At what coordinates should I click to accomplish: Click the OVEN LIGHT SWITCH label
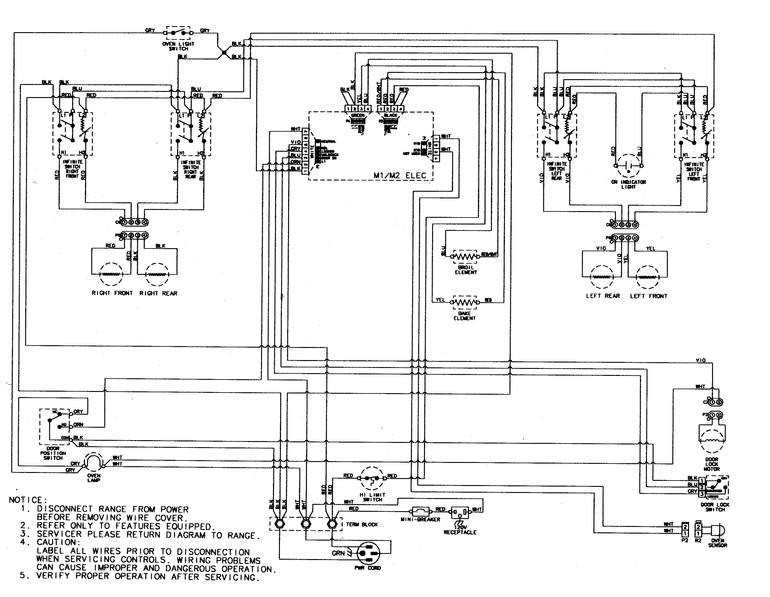pos(178,46)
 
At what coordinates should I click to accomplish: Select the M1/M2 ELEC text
pos(400,175)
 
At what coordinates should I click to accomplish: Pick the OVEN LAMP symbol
pos(94,462)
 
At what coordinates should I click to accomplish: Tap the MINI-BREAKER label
pos(420,519)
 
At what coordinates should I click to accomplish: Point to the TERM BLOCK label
pos(362,524)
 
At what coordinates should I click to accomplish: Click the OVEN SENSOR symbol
pos(717,530)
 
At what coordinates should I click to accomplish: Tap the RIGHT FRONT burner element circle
pos(111,274)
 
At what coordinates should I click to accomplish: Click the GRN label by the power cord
pos(338,553)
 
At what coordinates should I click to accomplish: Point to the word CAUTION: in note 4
pos(58,542)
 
